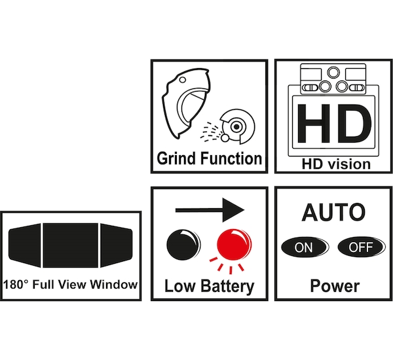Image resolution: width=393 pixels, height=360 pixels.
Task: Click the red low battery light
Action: click(234, 245)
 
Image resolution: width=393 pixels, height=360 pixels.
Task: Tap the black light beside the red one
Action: click(183, 245)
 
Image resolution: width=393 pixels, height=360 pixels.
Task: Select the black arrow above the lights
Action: click(210, 210)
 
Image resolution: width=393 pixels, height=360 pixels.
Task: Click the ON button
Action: click(305, 247)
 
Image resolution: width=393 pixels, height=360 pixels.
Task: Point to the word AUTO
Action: click(333, 213)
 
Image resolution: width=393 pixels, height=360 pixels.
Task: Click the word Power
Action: click(335, 286)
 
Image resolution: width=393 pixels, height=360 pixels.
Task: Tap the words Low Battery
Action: click(210, 286)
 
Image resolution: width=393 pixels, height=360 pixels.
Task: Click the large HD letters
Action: click(334, 124)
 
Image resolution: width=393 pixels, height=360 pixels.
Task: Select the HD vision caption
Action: click(336, 164)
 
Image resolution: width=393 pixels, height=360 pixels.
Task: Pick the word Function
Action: click(231, 158)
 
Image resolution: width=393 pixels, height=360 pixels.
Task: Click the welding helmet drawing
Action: click(185, 103)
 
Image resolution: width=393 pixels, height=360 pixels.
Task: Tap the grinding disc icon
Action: click(237, 126)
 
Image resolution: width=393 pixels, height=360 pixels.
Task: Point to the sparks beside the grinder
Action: click(210, 131)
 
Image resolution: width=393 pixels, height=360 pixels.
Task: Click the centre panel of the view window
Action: click(71, 245)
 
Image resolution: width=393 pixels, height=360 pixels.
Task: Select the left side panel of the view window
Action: click(25, 245)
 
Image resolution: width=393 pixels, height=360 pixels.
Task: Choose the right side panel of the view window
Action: click(117, 245)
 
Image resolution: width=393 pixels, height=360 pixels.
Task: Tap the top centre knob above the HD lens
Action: click(333, 73)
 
